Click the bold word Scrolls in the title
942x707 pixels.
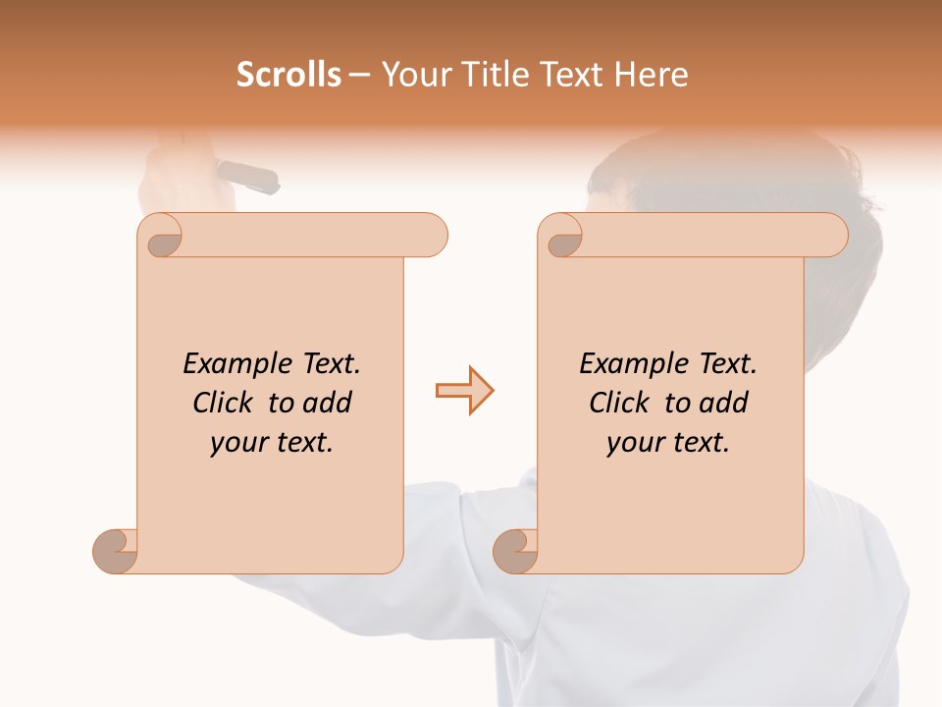[288, 75]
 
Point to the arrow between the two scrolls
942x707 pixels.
[464, 391]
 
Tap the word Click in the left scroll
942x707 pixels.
[224, 404]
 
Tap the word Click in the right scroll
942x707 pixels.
[620, 404]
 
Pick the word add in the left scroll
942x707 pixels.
[328, 404]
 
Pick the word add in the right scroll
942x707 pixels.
[724, 404]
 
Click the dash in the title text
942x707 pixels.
[359, 76]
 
